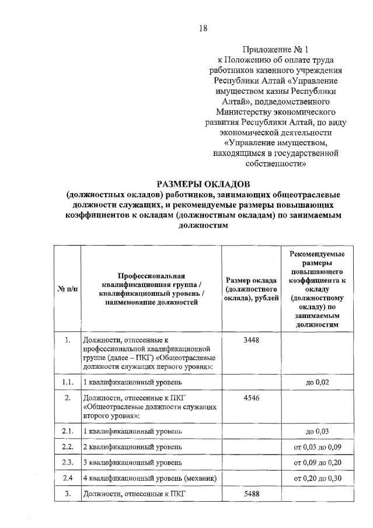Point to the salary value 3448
(251, 340)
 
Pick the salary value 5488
(251, 494)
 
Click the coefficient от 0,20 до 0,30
(318, 478)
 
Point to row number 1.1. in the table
(68, 382)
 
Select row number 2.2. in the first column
(68, 446)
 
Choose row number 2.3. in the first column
(68, 462)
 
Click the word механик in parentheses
(200, 478)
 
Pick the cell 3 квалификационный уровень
(133, 462)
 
